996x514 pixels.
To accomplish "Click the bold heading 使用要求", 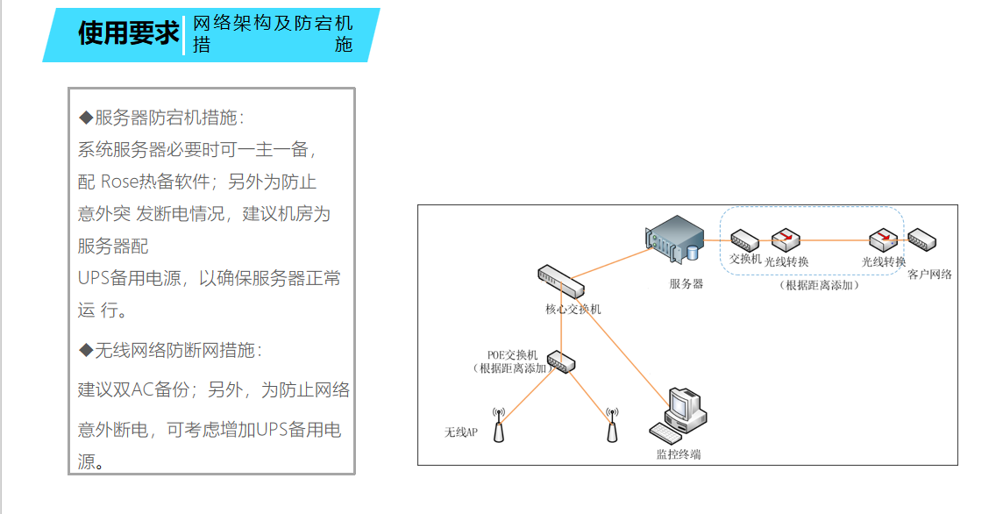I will click(x=128, y=34).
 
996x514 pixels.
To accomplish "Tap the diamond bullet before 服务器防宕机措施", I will click(x=85, y=118).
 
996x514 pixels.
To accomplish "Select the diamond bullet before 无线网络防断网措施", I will click(x=85, y=351).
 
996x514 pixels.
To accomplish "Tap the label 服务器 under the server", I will click(x=686, y=284).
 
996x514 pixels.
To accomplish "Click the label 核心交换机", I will click(x=573, y=310).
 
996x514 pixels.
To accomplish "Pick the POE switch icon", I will click(x=559, y=361).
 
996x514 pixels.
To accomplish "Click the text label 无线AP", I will click(x=460, y=432).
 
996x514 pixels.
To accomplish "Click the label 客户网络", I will click(x=930, y=275).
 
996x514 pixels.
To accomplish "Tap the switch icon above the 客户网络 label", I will click(x=923, y=239).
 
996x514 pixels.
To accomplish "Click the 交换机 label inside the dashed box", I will click(x=745, y=259).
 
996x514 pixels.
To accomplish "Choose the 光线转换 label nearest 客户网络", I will click(x=883, y=261).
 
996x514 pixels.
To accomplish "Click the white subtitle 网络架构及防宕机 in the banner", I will click(x=273, y=24).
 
